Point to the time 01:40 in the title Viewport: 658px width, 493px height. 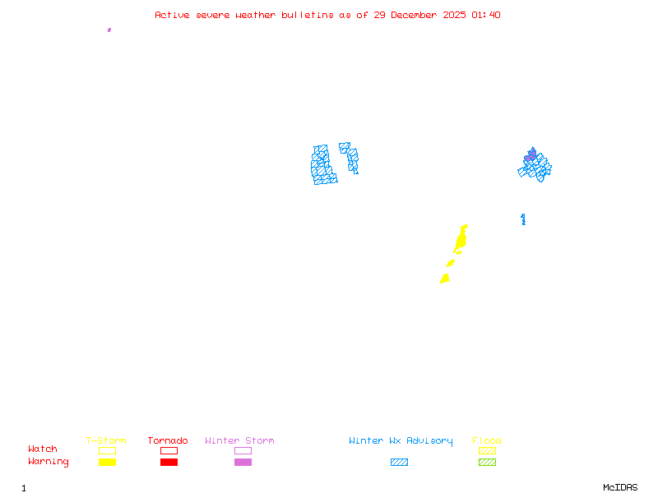[487, 15]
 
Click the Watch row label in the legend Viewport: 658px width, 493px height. [43, 449]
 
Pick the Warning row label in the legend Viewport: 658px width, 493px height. [49, 462]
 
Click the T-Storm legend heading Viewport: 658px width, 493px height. [106, 441]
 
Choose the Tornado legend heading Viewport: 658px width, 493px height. [168, 441]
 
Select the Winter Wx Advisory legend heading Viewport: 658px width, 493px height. [401, 441]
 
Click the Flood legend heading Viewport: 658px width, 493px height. [487, 441]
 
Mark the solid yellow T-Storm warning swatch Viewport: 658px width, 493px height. [107, 463]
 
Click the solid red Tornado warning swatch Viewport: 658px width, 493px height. [169, 463]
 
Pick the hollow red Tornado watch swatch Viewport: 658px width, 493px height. [169, 450]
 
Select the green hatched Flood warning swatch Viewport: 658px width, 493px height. [487, 463]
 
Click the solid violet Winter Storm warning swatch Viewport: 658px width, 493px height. [243, 463]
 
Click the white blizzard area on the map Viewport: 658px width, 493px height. [337, 163]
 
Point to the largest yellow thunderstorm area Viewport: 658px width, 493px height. [461, 240]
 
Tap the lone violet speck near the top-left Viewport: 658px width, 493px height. [109, 30]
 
